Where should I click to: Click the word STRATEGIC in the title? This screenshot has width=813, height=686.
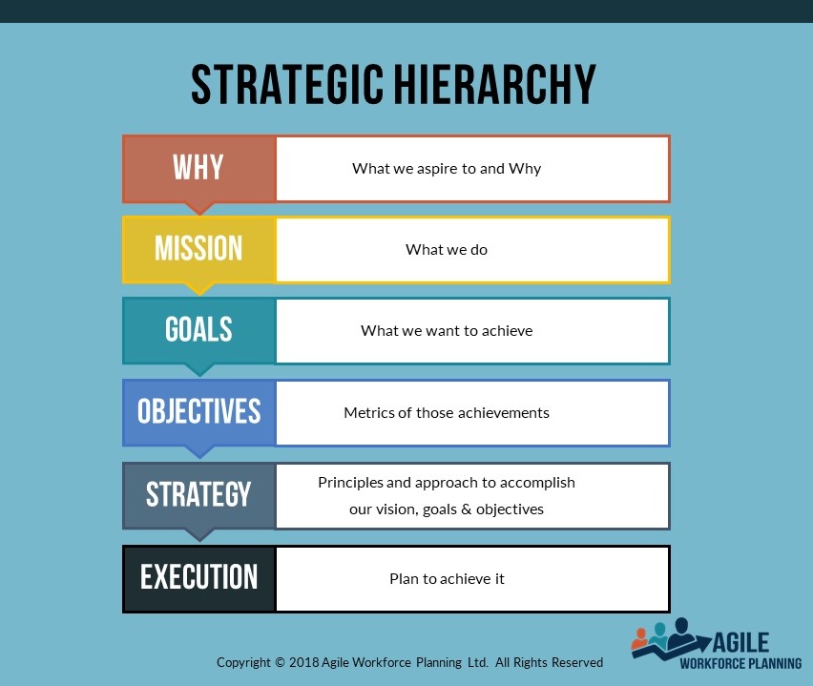tap(287, 84)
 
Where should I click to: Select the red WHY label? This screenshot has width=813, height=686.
tap(199, 169)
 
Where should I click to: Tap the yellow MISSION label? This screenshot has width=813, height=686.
tap(199, 249)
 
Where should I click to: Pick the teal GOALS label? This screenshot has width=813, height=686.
tap(199, 330)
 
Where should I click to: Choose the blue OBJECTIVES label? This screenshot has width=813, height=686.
tap(199, 412)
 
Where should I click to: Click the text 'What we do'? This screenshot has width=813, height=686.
tap(447, 250)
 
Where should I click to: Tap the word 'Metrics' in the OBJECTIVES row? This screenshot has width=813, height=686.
tap(368, 413)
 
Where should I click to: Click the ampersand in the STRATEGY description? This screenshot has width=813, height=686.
tap(466, 509)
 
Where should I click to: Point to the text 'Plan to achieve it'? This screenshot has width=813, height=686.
tap(447, 579)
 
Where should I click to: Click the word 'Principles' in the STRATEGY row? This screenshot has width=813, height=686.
tap(350, 483)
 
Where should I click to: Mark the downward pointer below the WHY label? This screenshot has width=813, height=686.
tap(199, 208)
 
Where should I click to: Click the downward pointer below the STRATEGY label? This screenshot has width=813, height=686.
tap(199, 535)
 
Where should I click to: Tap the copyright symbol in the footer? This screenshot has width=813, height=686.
tap(280, 662)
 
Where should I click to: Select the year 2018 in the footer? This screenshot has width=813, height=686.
tap(303, 662)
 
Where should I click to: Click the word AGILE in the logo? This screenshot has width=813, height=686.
tap(740, 643)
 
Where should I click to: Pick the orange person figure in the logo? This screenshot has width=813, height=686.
tap(641, 639)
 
